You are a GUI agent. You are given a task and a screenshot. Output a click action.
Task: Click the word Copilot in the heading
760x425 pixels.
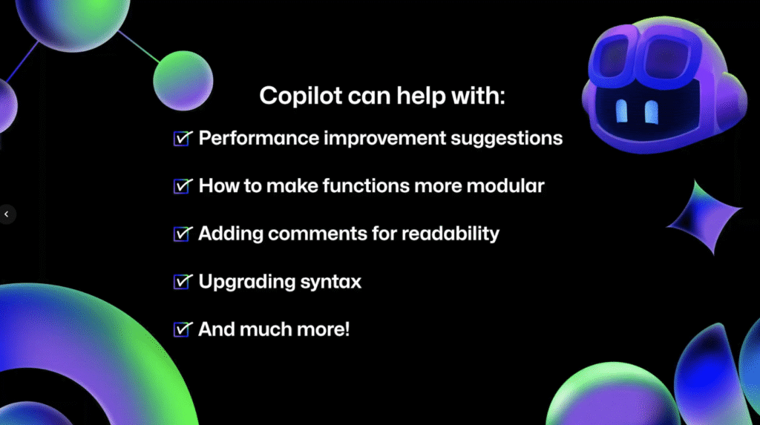pos(301,96)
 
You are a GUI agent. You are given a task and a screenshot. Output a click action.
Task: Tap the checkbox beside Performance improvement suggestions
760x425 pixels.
pos(183,139)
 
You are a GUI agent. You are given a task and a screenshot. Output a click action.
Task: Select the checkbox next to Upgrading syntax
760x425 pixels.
pos(183,282)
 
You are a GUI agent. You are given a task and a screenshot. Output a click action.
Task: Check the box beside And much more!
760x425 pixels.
pos(183,329)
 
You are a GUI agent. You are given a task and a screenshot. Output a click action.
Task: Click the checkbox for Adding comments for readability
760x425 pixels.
pos(183,234)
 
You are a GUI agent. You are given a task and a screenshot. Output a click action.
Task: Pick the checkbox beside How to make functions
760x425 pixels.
pos(183,186)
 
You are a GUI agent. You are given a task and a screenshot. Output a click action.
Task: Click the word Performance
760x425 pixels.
pos(259,138)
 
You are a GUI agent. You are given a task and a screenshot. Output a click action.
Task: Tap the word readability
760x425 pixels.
pos(451,234)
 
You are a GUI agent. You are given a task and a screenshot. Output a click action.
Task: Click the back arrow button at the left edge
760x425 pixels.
pos(7,214)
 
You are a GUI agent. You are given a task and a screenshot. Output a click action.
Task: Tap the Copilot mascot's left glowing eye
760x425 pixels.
pos(621,111)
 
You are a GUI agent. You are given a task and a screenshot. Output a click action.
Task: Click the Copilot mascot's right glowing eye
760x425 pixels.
pos(652,113)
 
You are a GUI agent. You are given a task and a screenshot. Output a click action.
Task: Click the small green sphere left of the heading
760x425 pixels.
pos(183,80)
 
